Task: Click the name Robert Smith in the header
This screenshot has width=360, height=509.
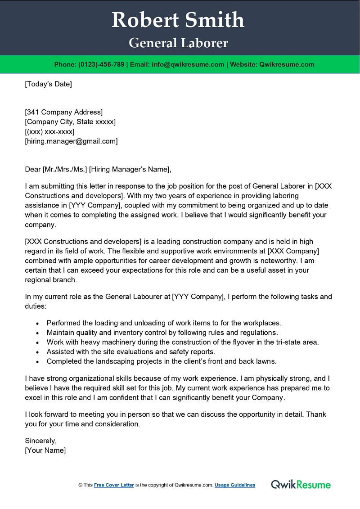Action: tap(178, 20)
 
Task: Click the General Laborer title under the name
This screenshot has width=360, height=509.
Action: tap(178, 43)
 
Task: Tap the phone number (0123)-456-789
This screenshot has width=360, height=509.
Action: tap(101, 64)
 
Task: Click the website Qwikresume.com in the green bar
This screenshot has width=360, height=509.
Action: tap(287, 64)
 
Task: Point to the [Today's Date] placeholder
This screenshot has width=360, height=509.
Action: tap(48, 84)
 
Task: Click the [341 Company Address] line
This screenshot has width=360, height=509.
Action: tap(63, 112)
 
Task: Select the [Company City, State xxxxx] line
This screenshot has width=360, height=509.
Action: tap(70, 122)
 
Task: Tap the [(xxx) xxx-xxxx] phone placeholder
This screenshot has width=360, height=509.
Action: tap(49, 131)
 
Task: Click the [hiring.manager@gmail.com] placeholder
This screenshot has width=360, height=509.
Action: tap(71, 141)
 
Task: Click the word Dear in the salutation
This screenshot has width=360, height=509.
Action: tap(32, 170)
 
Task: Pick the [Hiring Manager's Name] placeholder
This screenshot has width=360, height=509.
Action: tap(130, 170)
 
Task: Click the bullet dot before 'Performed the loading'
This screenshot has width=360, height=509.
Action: tap(37, 324)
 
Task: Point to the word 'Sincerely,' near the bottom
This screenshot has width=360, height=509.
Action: tap(41, 441)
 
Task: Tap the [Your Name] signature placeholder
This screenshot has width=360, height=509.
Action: tap(45, 450)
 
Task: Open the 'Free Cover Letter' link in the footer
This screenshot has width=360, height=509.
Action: tap(114, 485)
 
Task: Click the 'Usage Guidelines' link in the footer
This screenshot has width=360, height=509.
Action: tap(235, 485)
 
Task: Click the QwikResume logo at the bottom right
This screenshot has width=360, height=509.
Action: tap(301, 485)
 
